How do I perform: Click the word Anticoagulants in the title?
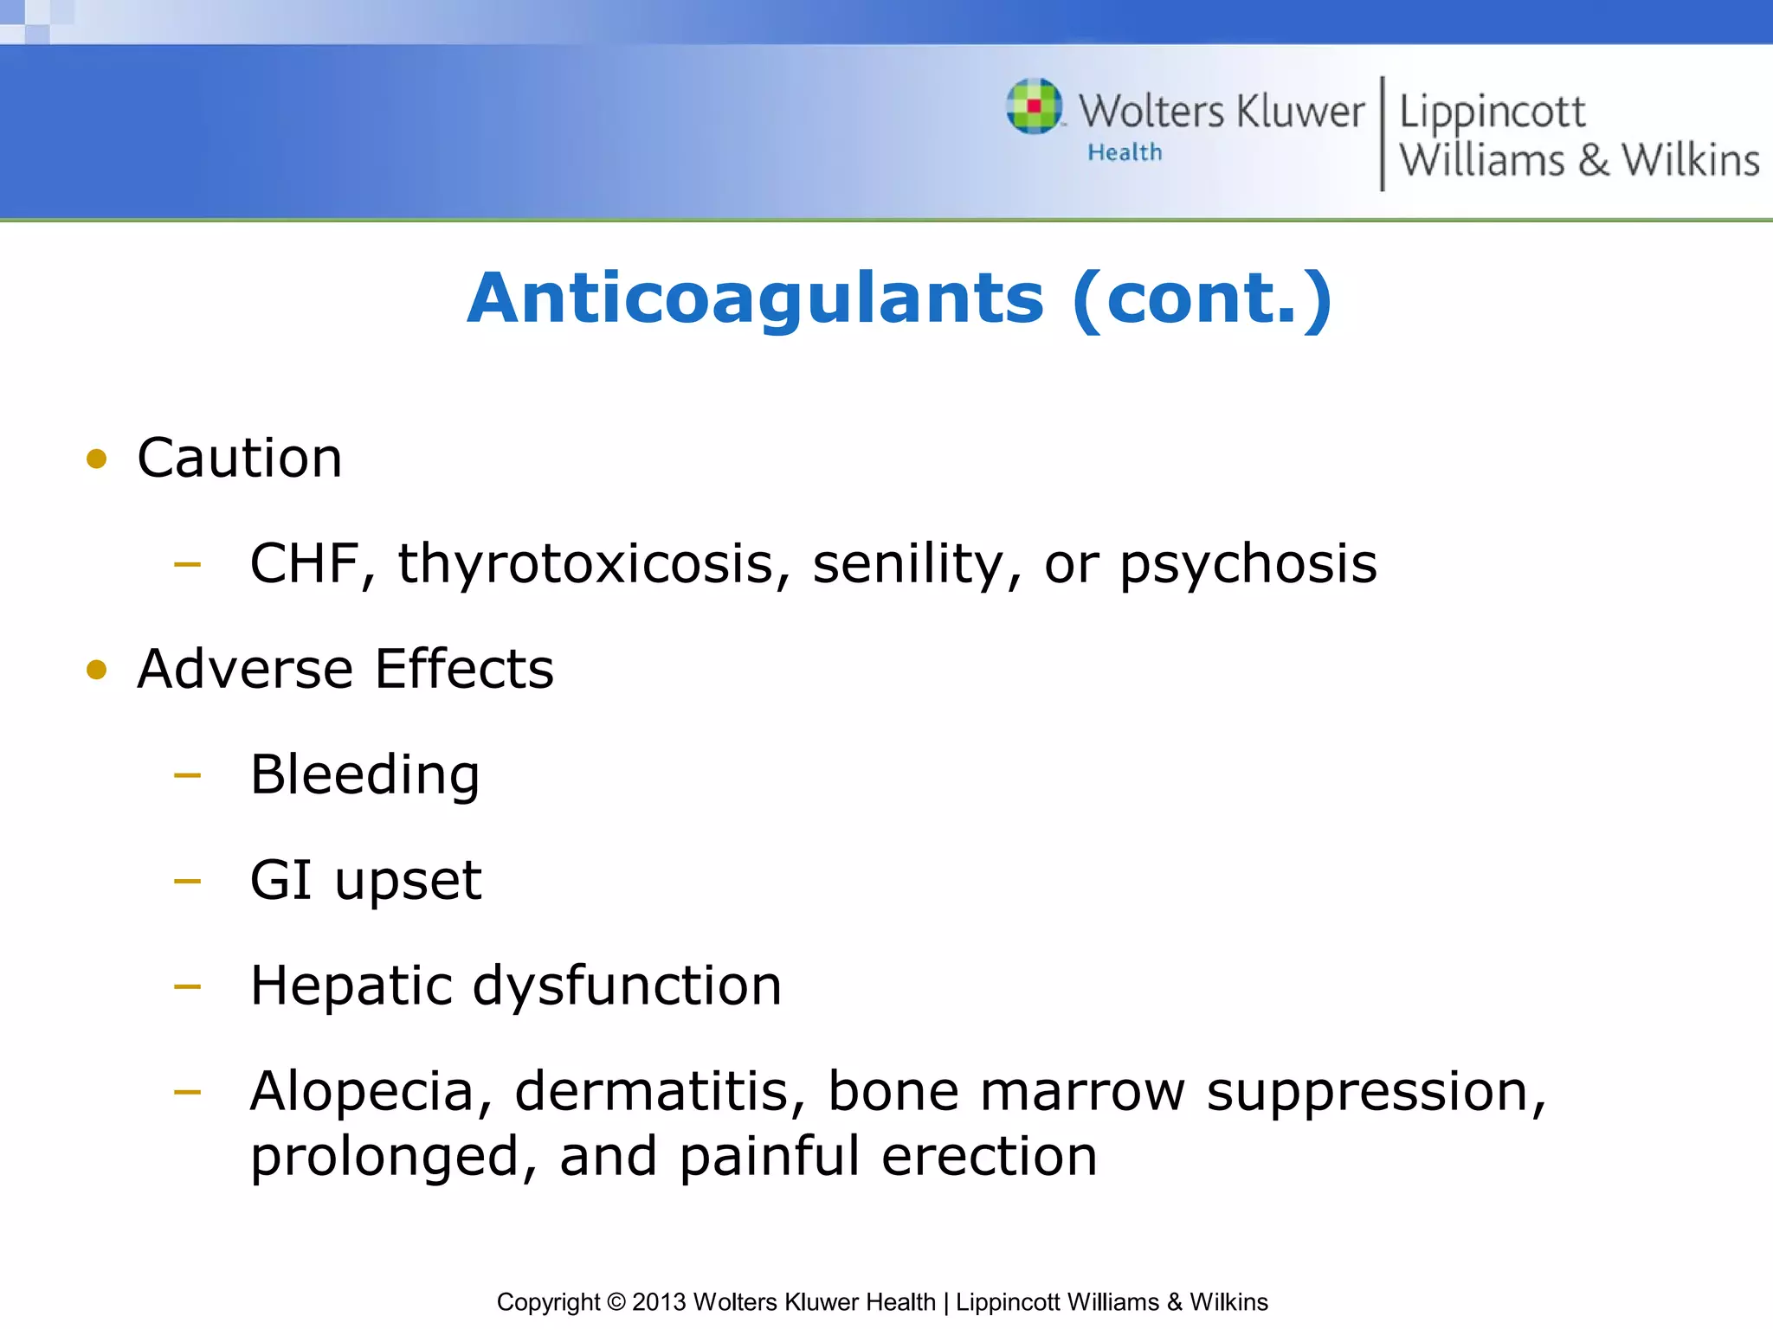point(755,299)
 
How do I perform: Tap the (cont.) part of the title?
point(1202,299)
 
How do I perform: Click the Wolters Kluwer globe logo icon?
point(1034,106)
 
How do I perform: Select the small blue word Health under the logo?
point(1125,152)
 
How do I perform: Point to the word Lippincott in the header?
point(1492,112)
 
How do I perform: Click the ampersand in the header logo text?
point(1593,161)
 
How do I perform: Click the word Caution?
point(240,458)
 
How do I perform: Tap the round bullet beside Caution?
point(97,459)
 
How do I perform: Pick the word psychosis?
point(1248,564)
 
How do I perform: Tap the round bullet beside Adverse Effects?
point(97,670)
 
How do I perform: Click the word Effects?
point(464,669)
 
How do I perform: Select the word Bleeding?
point(364,774)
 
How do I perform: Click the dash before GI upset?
point(187,882)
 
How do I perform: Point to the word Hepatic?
point(351,986)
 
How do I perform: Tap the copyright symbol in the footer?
point(616,1302)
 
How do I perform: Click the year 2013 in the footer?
point(659,1302)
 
